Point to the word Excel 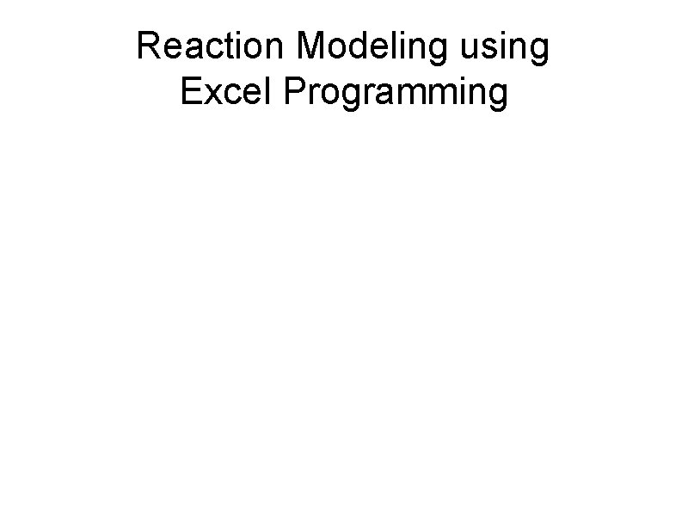(226, 92)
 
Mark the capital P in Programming (292, 92)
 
